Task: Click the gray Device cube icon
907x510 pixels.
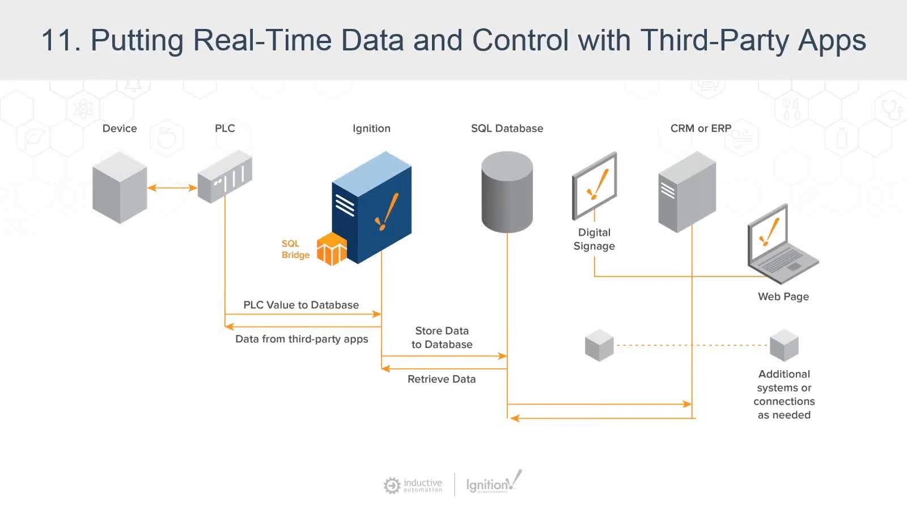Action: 120,187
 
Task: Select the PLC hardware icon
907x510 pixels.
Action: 225,176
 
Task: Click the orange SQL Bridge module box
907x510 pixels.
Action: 332,249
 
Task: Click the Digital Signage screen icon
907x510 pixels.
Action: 594,186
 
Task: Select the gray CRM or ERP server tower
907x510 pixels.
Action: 686,192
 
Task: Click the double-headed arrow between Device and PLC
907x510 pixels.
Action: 172,188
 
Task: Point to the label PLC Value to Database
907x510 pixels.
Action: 301,305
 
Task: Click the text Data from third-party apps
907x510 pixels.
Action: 302,339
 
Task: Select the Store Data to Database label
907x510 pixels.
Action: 442,337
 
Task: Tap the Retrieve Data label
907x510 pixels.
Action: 442,379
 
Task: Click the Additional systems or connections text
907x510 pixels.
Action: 784,394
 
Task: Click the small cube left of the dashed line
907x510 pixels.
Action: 599,345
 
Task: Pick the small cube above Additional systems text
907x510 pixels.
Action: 784,345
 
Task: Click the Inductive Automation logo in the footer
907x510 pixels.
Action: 413,486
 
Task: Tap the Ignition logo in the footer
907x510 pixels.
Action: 493,483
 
